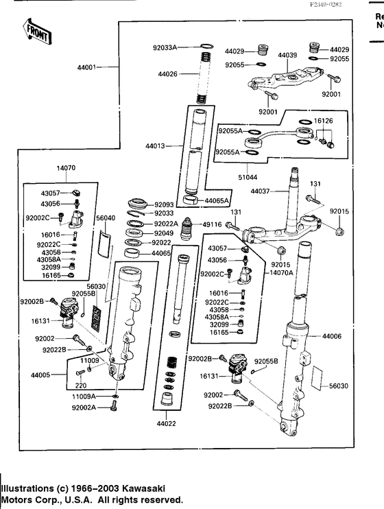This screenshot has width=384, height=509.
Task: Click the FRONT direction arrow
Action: click(35, 32)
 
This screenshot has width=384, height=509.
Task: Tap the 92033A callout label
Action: click(165, 47)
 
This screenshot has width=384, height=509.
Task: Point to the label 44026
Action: click(167, 74)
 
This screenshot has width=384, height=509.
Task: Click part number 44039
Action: click(287, 55)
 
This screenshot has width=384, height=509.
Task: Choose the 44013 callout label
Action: click(155, 146)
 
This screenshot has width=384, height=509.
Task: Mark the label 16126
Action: click(322, 120)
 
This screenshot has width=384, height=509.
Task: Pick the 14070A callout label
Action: click(280, 272)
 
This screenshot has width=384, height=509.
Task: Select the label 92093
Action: click(163, 204)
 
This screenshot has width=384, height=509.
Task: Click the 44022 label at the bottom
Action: click(167, 423)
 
